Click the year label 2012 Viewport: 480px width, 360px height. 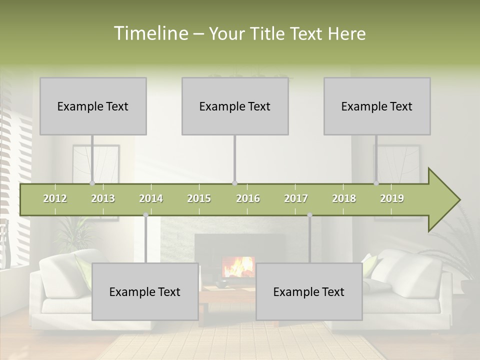(55, 198)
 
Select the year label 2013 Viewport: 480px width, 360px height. (103, 198)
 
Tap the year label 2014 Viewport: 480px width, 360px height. (151, 198)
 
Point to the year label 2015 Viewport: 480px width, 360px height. (199, 198)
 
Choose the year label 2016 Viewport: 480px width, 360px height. (247, 198)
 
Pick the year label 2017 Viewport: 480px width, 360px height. (296, 198)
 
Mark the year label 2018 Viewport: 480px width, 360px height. (344, 198)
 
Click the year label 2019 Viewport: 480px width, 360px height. (392, 198)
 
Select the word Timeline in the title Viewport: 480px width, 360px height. (150, 33)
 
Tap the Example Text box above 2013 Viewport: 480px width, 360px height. (93, 106)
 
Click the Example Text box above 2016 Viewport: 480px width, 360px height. (235, 106)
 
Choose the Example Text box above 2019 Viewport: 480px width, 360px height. (377, 106)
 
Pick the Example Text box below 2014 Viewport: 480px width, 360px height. (145, 291)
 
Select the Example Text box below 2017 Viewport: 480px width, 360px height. (309, 291)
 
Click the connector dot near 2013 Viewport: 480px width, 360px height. (92, 183)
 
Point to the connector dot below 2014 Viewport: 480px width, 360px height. (145, 215)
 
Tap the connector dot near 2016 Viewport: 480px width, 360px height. (234, 183)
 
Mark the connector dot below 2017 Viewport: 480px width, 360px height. (309, 215)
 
